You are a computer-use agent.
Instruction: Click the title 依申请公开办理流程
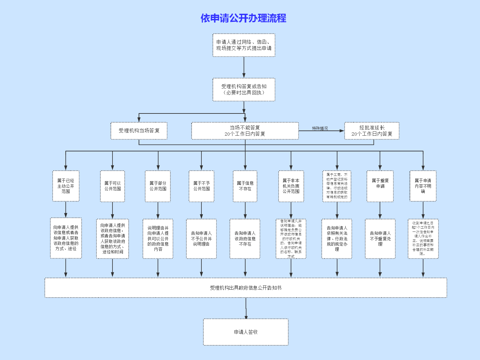click(x=243, y=18)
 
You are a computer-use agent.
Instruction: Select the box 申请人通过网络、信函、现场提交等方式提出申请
click(x=244, y=45)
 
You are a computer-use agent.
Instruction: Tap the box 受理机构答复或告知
click(x=244, y=90)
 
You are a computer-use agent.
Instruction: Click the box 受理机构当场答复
click(x=139, y=131)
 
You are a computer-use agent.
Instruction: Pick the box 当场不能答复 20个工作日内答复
click(x=245, y=131)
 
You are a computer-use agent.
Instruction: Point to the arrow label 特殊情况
click(x=320, y=129)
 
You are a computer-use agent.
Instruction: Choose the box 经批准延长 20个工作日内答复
click(x=372, y=131)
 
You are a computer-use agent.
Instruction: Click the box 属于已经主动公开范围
click(x=66, y=186)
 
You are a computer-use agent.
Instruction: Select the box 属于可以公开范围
click(x=112, y=186)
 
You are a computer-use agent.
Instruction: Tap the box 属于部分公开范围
click(x=158, y=186)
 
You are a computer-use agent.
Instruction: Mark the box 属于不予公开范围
click(x=201, y=186)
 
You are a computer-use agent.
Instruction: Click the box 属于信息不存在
click(x=245, y=186)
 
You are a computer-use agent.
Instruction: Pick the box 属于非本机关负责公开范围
click(x=291, y=186)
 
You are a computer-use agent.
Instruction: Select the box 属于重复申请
click(x=380, y=186)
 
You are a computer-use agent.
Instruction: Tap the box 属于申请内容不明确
click(x=423, y=186)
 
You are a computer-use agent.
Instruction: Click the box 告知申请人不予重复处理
click(x=380, y=239)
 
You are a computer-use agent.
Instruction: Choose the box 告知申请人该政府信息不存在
click(x=245, y=239)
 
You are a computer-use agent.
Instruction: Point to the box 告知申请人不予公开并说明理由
click(x=201, y=239)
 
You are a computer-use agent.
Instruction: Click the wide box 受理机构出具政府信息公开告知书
click(x=246, y=288)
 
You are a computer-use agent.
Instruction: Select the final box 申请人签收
click(x=246, y=332)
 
